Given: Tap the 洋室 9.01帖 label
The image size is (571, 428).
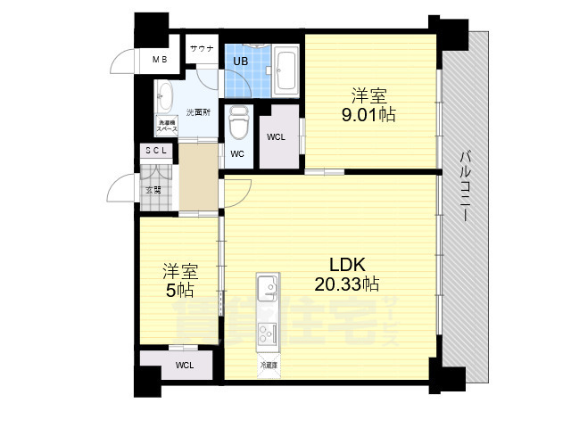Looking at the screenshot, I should pyautogui.click(x=368, y=105).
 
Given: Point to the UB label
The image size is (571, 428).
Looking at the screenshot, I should pyautogui.click(x=241, y=61).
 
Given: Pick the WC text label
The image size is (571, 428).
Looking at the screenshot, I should pyautogui.click(x=237, y=153).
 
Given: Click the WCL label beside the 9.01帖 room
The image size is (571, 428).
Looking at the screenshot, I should pyautogui.click(x=276, y=136).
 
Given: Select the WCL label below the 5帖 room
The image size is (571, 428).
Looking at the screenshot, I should pyautogui.click(x=184, y=366).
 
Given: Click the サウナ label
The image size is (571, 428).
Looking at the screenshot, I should pyautogui.click(x=201, y=49).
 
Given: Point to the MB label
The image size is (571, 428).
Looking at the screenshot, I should pyautogui.click(x=159, y=60).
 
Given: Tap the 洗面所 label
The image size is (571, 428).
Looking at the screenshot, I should pyautogui.click(x=197, y=112).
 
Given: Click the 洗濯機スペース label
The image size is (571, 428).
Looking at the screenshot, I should pyautogui.click(x=167, y=126).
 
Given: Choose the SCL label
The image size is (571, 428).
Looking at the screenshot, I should pyautogui.click(x=157, y=152).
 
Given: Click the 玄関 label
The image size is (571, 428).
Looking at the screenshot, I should pyautogui.click(x=154, y=189).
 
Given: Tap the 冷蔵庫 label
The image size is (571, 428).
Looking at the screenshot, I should pyautogui.click(x=269, y=366).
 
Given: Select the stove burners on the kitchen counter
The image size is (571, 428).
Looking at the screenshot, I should pyautogui.click(x=268, y=333).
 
